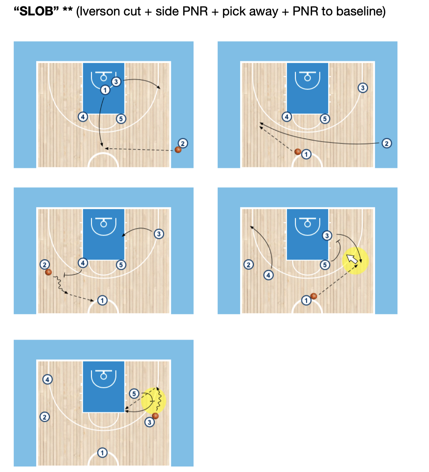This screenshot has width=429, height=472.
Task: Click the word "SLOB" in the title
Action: (x=37, y=11)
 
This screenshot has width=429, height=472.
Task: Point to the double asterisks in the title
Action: (x=67, y=9)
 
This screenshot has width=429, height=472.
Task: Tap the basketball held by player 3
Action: (x=155, y=416)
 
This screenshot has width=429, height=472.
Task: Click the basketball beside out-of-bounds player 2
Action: (x=178, y=150)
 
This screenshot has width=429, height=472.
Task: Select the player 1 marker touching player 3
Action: (x=105, y=90)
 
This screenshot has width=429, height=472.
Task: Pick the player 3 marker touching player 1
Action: (x=116, y=82)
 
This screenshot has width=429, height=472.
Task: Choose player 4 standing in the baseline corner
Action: (x=47, y=379)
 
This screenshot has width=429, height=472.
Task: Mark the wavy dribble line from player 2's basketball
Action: (x=59, y=284)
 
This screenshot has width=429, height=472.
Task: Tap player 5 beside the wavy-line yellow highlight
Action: (x=134, y=394)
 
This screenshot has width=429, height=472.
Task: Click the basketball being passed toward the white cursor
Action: (x=314, y=296)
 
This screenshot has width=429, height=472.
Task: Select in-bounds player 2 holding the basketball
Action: (x=44, y=265)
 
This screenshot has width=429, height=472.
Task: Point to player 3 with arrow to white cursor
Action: (x=327, y=235)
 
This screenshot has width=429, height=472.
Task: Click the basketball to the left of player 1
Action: (x=298, y=152)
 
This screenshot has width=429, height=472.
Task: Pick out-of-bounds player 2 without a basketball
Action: (x=387, y=143)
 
